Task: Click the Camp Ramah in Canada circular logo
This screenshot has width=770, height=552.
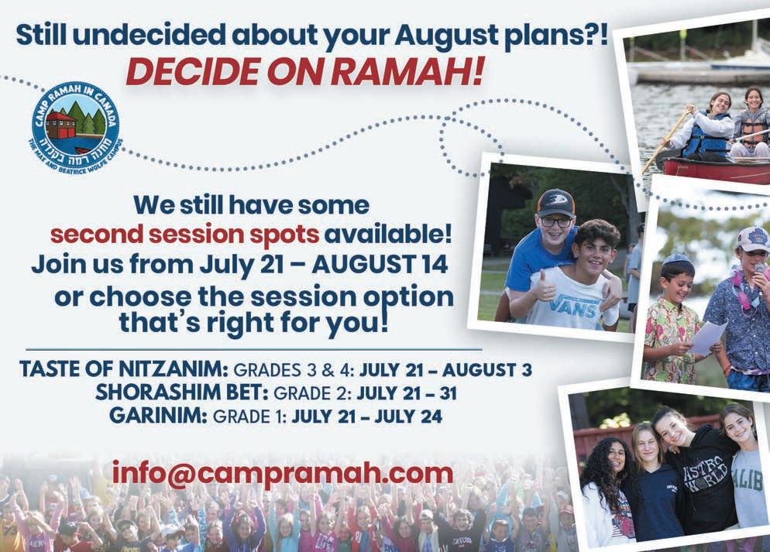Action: click(x=74, y=125)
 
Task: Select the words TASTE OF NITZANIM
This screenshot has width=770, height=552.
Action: click(x=124, y=369)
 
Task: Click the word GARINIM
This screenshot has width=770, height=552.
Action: click(x=158, y=416)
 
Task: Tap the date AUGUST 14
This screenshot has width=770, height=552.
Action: click(x=380, y=265)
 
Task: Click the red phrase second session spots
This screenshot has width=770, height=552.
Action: click(x=184, y=235)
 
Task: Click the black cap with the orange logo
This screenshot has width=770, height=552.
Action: click(x=556, y=203)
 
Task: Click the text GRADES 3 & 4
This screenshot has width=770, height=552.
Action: click(x=294, y=369)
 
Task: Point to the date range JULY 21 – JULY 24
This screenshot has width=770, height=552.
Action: click(x=367, y=417)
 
